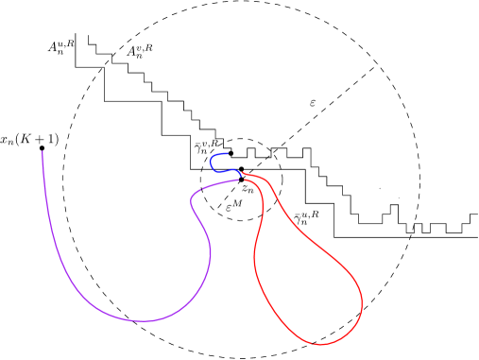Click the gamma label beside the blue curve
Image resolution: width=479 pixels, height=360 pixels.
(207, 146)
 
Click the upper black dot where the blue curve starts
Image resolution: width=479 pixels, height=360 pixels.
(231, 153)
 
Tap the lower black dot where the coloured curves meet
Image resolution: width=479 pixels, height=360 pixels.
(241, 170)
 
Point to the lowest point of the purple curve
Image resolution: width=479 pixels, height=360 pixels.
(144, 321)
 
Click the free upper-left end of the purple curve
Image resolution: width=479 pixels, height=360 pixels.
(43, 151)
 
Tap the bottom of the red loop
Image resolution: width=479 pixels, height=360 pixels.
(321, 345)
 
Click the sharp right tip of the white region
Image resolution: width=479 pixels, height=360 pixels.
(476, 236)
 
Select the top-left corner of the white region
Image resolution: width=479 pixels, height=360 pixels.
(77, 34)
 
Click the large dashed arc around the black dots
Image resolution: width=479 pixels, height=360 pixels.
(255, 141)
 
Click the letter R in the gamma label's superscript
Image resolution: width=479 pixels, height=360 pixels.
(215, 143)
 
